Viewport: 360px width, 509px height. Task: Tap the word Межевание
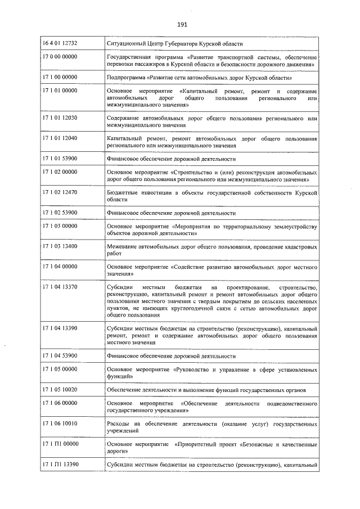point(123,247)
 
